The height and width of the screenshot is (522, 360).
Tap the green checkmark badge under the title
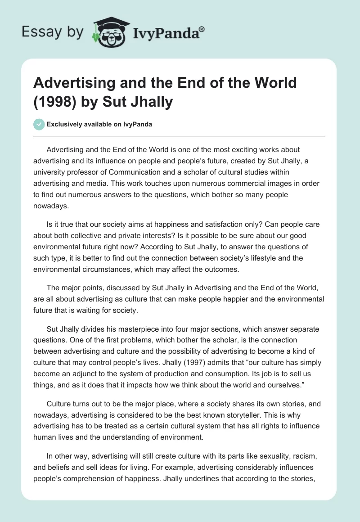39,124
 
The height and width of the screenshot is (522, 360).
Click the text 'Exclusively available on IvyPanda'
100,125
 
